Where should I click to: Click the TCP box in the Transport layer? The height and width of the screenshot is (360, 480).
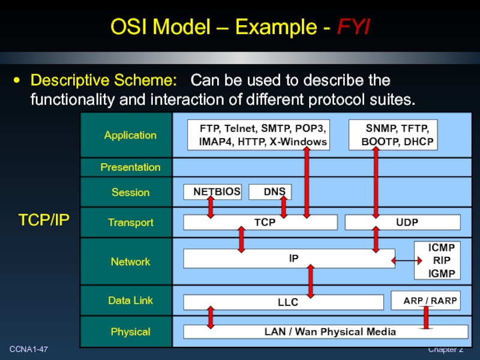[260, 223]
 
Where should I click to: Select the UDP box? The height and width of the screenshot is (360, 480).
[403, 223]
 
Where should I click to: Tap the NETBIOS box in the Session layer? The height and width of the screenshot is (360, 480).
[212, 192]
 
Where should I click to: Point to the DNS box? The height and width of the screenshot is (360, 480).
[270, 192]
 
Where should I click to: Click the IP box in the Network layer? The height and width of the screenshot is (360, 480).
[289, 259]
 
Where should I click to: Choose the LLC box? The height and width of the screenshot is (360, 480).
[288, 302]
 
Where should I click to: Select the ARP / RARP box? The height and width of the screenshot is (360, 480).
[425, 300]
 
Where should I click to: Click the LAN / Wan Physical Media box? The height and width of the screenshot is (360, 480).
[325, 332]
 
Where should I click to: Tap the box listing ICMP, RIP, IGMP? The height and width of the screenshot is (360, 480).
[437, 261]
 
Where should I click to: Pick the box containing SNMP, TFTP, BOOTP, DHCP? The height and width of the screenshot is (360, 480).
[393, 135]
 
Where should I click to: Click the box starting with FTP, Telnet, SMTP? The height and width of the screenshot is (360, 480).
[258, 135]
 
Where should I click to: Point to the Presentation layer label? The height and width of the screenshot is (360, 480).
[130, 167]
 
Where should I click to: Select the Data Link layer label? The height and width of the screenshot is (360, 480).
[130, 300]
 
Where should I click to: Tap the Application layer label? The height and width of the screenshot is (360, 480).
[130, 135]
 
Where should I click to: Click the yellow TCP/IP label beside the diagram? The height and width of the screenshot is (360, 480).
[44, 220]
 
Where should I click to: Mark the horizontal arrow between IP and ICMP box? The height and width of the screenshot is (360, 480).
[406, 260]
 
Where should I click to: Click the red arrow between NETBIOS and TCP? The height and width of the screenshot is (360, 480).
[211, 207]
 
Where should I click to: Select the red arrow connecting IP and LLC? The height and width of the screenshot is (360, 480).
[311, 281]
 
